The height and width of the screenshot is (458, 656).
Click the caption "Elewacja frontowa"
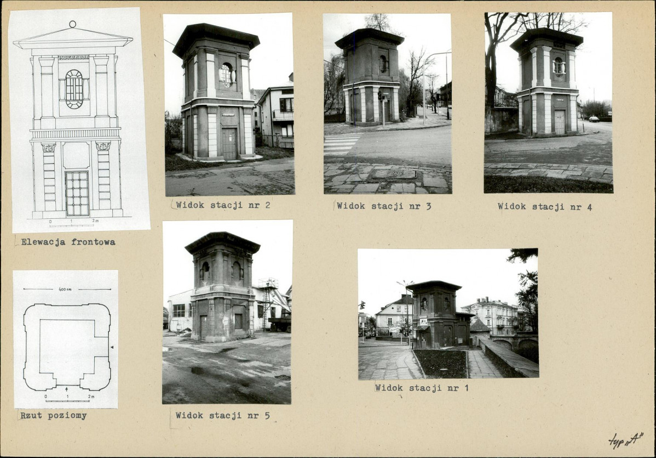pyautogui.click(x=68, y=242)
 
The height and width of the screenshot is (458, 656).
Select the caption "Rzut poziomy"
pyautogui.click(x=54, y=416)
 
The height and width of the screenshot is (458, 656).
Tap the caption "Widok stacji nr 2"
pyautogui.click(x=223, y=205)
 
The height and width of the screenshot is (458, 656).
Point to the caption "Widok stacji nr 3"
pyautogui.click(x=384, y=206)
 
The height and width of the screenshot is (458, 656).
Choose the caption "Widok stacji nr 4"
pyautogui.click(x=545, y=207)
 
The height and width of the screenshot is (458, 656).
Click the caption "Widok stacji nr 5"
pyautogui.click(x=222, y=415)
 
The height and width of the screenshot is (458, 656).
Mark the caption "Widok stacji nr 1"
pyautogui.click(x=422, y=388)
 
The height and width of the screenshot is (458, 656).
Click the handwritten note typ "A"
pyautogui.click(x=626, y=440)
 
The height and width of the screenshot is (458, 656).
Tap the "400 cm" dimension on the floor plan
pyautogui.click(x=65, y=289)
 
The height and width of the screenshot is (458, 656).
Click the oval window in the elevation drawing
pyautogui.click(x=74, y=89)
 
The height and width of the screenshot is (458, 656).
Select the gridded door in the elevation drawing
pyautogui.click(x=77, y=194)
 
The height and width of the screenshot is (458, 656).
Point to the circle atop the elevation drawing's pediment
pyautogui.click(x=73, y=24)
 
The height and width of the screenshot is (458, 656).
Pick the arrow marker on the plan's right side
pyautogui.click(x=112, y=347)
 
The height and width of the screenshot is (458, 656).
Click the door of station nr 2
pyautogui.click(x=229, y=144)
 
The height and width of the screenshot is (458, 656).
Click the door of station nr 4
pyautogui.click(x=560, y=122)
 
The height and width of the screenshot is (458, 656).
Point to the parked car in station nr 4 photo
pyautogui.click(x=594, y=119)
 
